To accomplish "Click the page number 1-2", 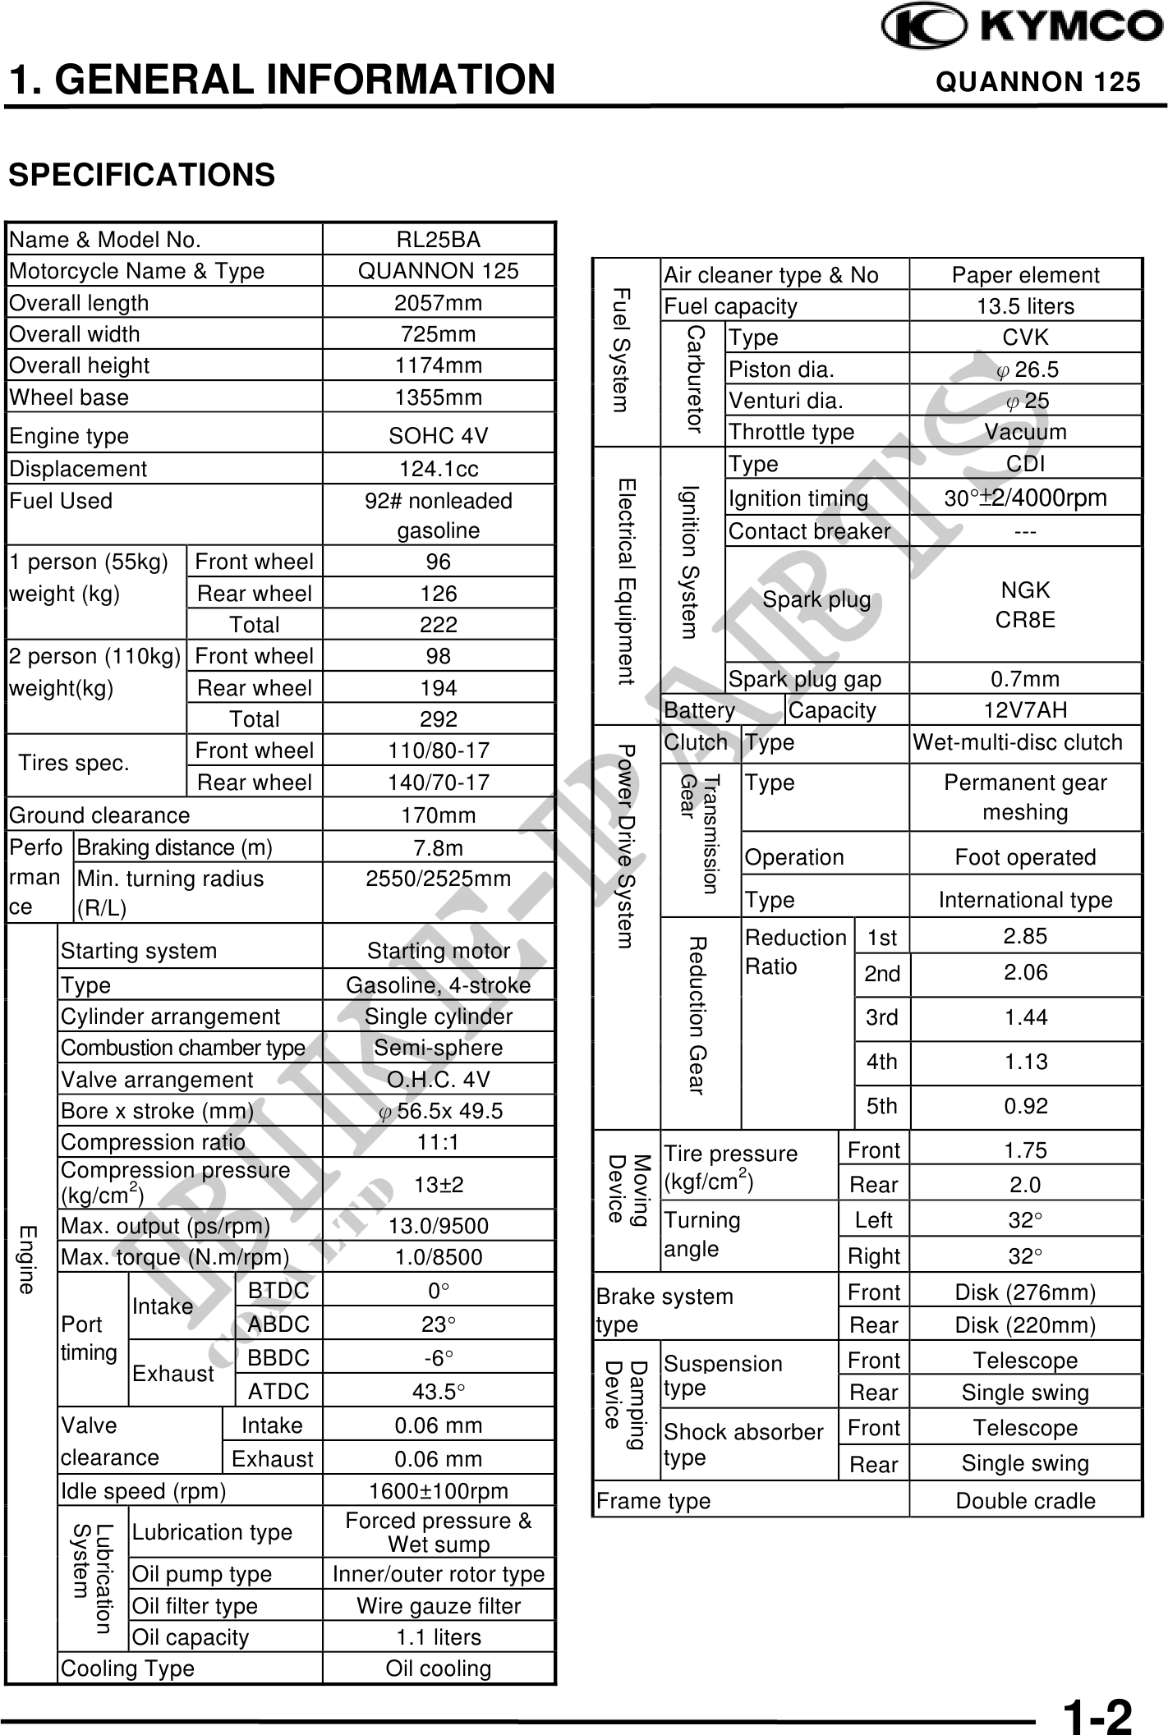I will coord(1097,1714).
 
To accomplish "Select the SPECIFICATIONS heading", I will coord(141,175).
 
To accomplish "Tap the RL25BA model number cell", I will coord(438,240).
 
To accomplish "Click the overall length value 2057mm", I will coord(438,303).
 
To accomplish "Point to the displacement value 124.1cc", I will coord(438,469).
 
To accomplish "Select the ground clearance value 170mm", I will coord(438,815).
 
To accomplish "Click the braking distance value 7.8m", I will coord(438,847).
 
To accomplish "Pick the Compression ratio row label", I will coord(153,1142).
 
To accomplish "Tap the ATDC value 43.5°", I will coord(438,1391).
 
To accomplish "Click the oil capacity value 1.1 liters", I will coord(438,1636).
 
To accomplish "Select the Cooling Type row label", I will coord(127,1668).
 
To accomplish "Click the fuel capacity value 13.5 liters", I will coord(1025,306).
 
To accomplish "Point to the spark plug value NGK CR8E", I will coord(1025,604).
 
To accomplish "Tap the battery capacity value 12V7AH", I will coord(1025,710).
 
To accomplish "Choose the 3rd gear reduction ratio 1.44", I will coord(1025,1018).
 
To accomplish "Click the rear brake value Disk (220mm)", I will coord(1025,1325).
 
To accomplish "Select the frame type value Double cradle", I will coord(1025,1501).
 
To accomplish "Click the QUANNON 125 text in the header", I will coord(1038,82).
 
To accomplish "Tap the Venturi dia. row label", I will coord(785,401).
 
